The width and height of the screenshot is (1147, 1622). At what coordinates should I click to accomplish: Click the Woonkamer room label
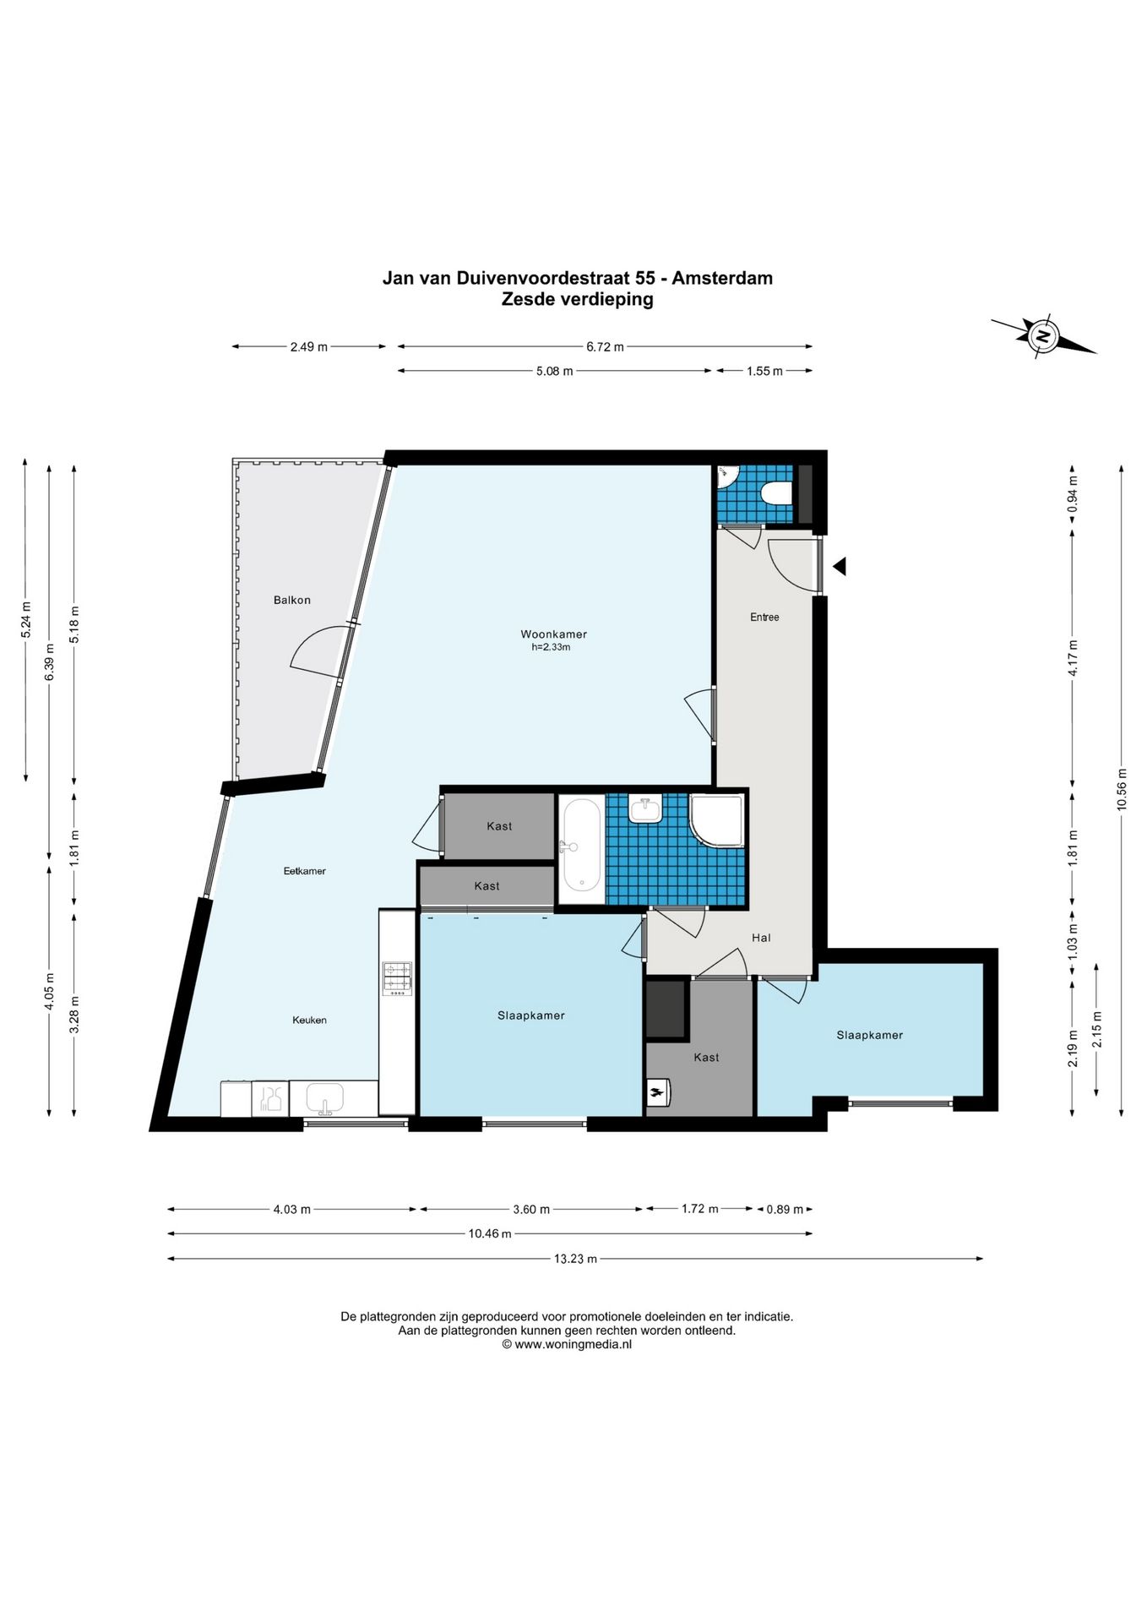pyautogui.click(x=553, y=634)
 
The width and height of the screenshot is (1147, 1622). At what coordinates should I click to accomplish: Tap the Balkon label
pyautogui.click(x=292, y=601)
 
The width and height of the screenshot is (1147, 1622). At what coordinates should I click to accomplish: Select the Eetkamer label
pyautogui.click(x=305, y=871)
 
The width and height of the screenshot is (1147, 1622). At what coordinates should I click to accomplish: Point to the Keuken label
pyautogui.click(x=309, y=1021)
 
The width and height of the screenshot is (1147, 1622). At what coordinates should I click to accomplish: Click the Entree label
pyautogui.click(x=764, y=618)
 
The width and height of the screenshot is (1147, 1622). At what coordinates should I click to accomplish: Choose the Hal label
pyautogui.click(x=761, y=938)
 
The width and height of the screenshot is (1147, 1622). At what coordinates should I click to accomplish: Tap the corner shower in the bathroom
pyautogui.click(x=716, y=820)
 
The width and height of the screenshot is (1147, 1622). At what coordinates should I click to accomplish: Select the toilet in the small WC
pyautogui.click(x=775, y=492)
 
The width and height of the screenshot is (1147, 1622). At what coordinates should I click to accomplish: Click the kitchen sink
pyautogui.click(x=325, y=1099)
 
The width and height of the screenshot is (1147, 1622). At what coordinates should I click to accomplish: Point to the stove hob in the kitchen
pyautogui.click(x=397, y=978)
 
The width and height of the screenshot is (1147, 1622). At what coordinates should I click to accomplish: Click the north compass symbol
pyautogui.click(x=1044, y=336)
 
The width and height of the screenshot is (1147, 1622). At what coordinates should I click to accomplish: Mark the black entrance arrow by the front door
pyautogui.click(x=840, y=566)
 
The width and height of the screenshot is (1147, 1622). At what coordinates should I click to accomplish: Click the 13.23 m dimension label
pyautogui.click(x=575, y=1259)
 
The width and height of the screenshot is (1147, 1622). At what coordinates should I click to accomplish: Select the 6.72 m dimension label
pyautogui.click(x=606, y=346)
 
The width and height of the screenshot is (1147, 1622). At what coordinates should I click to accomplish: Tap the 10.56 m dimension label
pyautogui.click(x=1122, y=789)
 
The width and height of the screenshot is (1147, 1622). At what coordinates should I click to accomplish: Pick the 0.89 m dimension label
pyautogui.click(x=785, y=1210)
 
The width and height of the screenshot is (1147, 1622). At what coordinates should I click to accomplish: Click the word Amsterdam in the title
pyautogui.click(x=722, y=278)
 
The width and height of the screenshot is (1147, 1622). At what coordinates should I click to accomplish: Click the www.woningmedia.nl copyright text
pyautogui.click(x=567, y=1344)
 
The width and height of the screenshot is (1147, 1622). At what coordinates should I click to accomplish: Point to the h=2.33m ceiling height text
pyautogui.click(x=551, y=648)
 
